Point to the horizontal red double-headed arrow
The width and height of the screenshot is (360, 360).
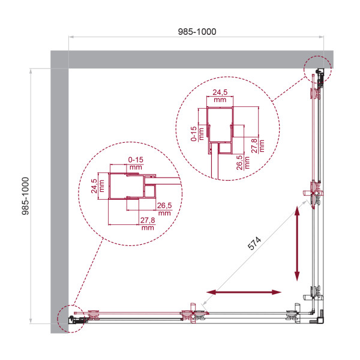[244, 292]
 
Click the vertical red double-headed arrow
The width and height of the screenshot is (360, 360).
[297, 243]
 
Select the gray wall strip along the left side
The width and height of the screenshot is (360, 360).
[59, 192]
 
